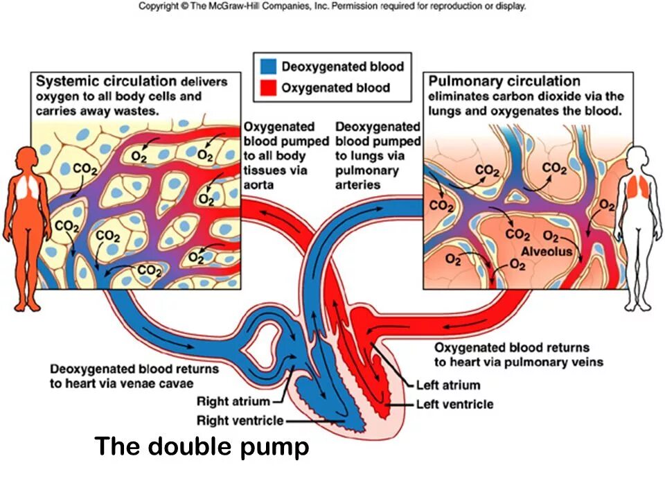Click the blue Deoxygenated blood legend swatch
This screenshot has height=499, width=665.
tap(268, 67)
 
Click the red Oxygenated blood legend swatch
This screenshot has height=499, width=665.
tap(268, 87)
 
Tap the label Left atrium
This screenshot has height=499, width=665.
tap(447, 385)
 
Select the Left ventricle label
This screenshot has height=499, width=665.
tap(454, 403)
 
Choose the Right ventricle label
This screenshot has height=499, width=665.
tap(240, 420)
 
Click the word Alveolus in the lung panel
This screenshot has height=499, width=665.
tap(547, 251)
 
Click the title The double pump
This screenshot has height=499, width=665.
tap(202, 446)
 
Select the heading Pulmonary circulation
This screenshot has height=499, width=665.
tap(504, 81)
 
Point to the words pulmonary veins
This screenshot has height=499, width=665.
tap(559, 362)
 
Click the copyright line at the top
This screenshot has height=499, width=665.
tap(332, 6)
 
